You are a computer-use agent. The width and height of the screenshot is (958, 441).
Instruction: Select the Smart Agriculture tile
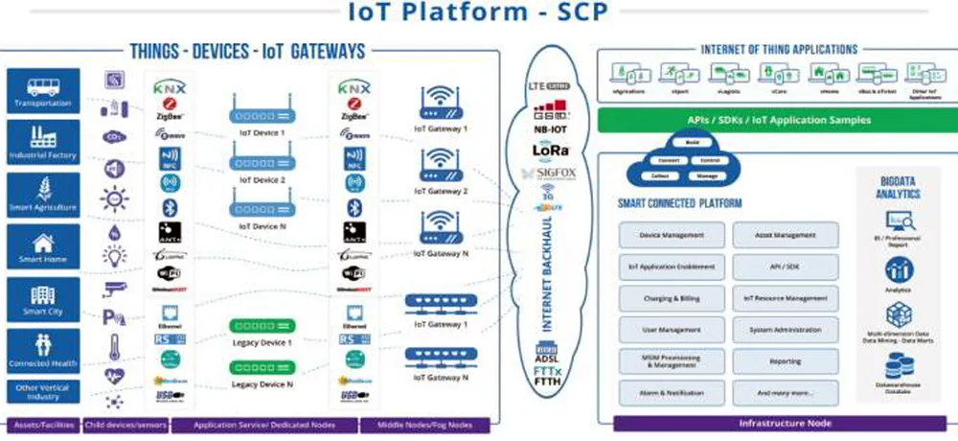pos(41,195)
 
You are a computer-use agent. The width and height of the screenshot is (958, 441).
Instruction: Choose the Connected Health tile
pos(41,352)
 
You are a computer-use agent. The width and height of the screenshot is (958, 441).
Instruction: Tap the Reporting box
pos(785,361)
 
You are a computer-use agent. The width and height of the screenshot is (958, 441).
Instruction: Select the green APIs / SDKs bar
pos(777,120)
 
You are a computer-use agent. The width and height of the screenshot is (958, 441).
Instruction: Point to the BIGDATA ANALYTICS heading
pos(900,187)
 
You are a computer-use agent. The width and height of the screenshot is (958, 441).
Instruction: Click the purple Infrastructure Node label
pos(777,423)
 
